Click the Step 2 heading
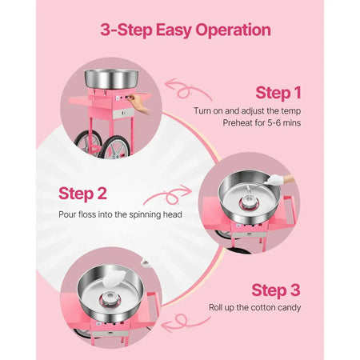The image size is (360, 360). [82, 193]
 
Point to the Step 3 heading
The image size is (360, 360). [276, 290]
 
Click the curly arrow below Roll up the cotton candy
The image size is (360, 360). [186, 322]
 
